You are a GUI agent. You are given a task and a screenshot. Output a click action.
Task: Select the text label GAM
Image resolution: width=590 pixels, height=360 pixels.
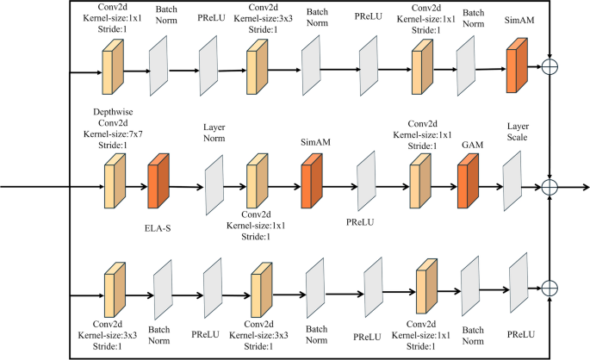470,146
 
